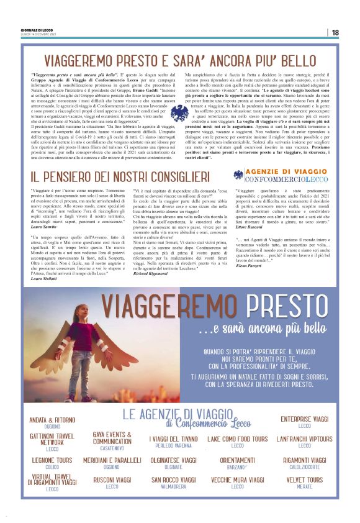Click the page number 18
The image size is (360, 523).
[x=335, y=32]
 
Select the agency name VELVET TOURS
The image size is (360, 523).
[x=304, y=480]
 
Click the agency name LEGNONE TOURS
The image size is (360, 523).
[x=52, y=460]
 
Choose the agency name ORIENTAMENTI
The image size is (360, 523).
[x=237, y=460]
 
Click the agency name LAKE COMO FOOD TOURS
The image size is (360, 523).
[x=238, y=439]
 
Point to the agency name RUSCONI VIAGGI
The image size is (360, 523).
[x=112, y=480]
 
